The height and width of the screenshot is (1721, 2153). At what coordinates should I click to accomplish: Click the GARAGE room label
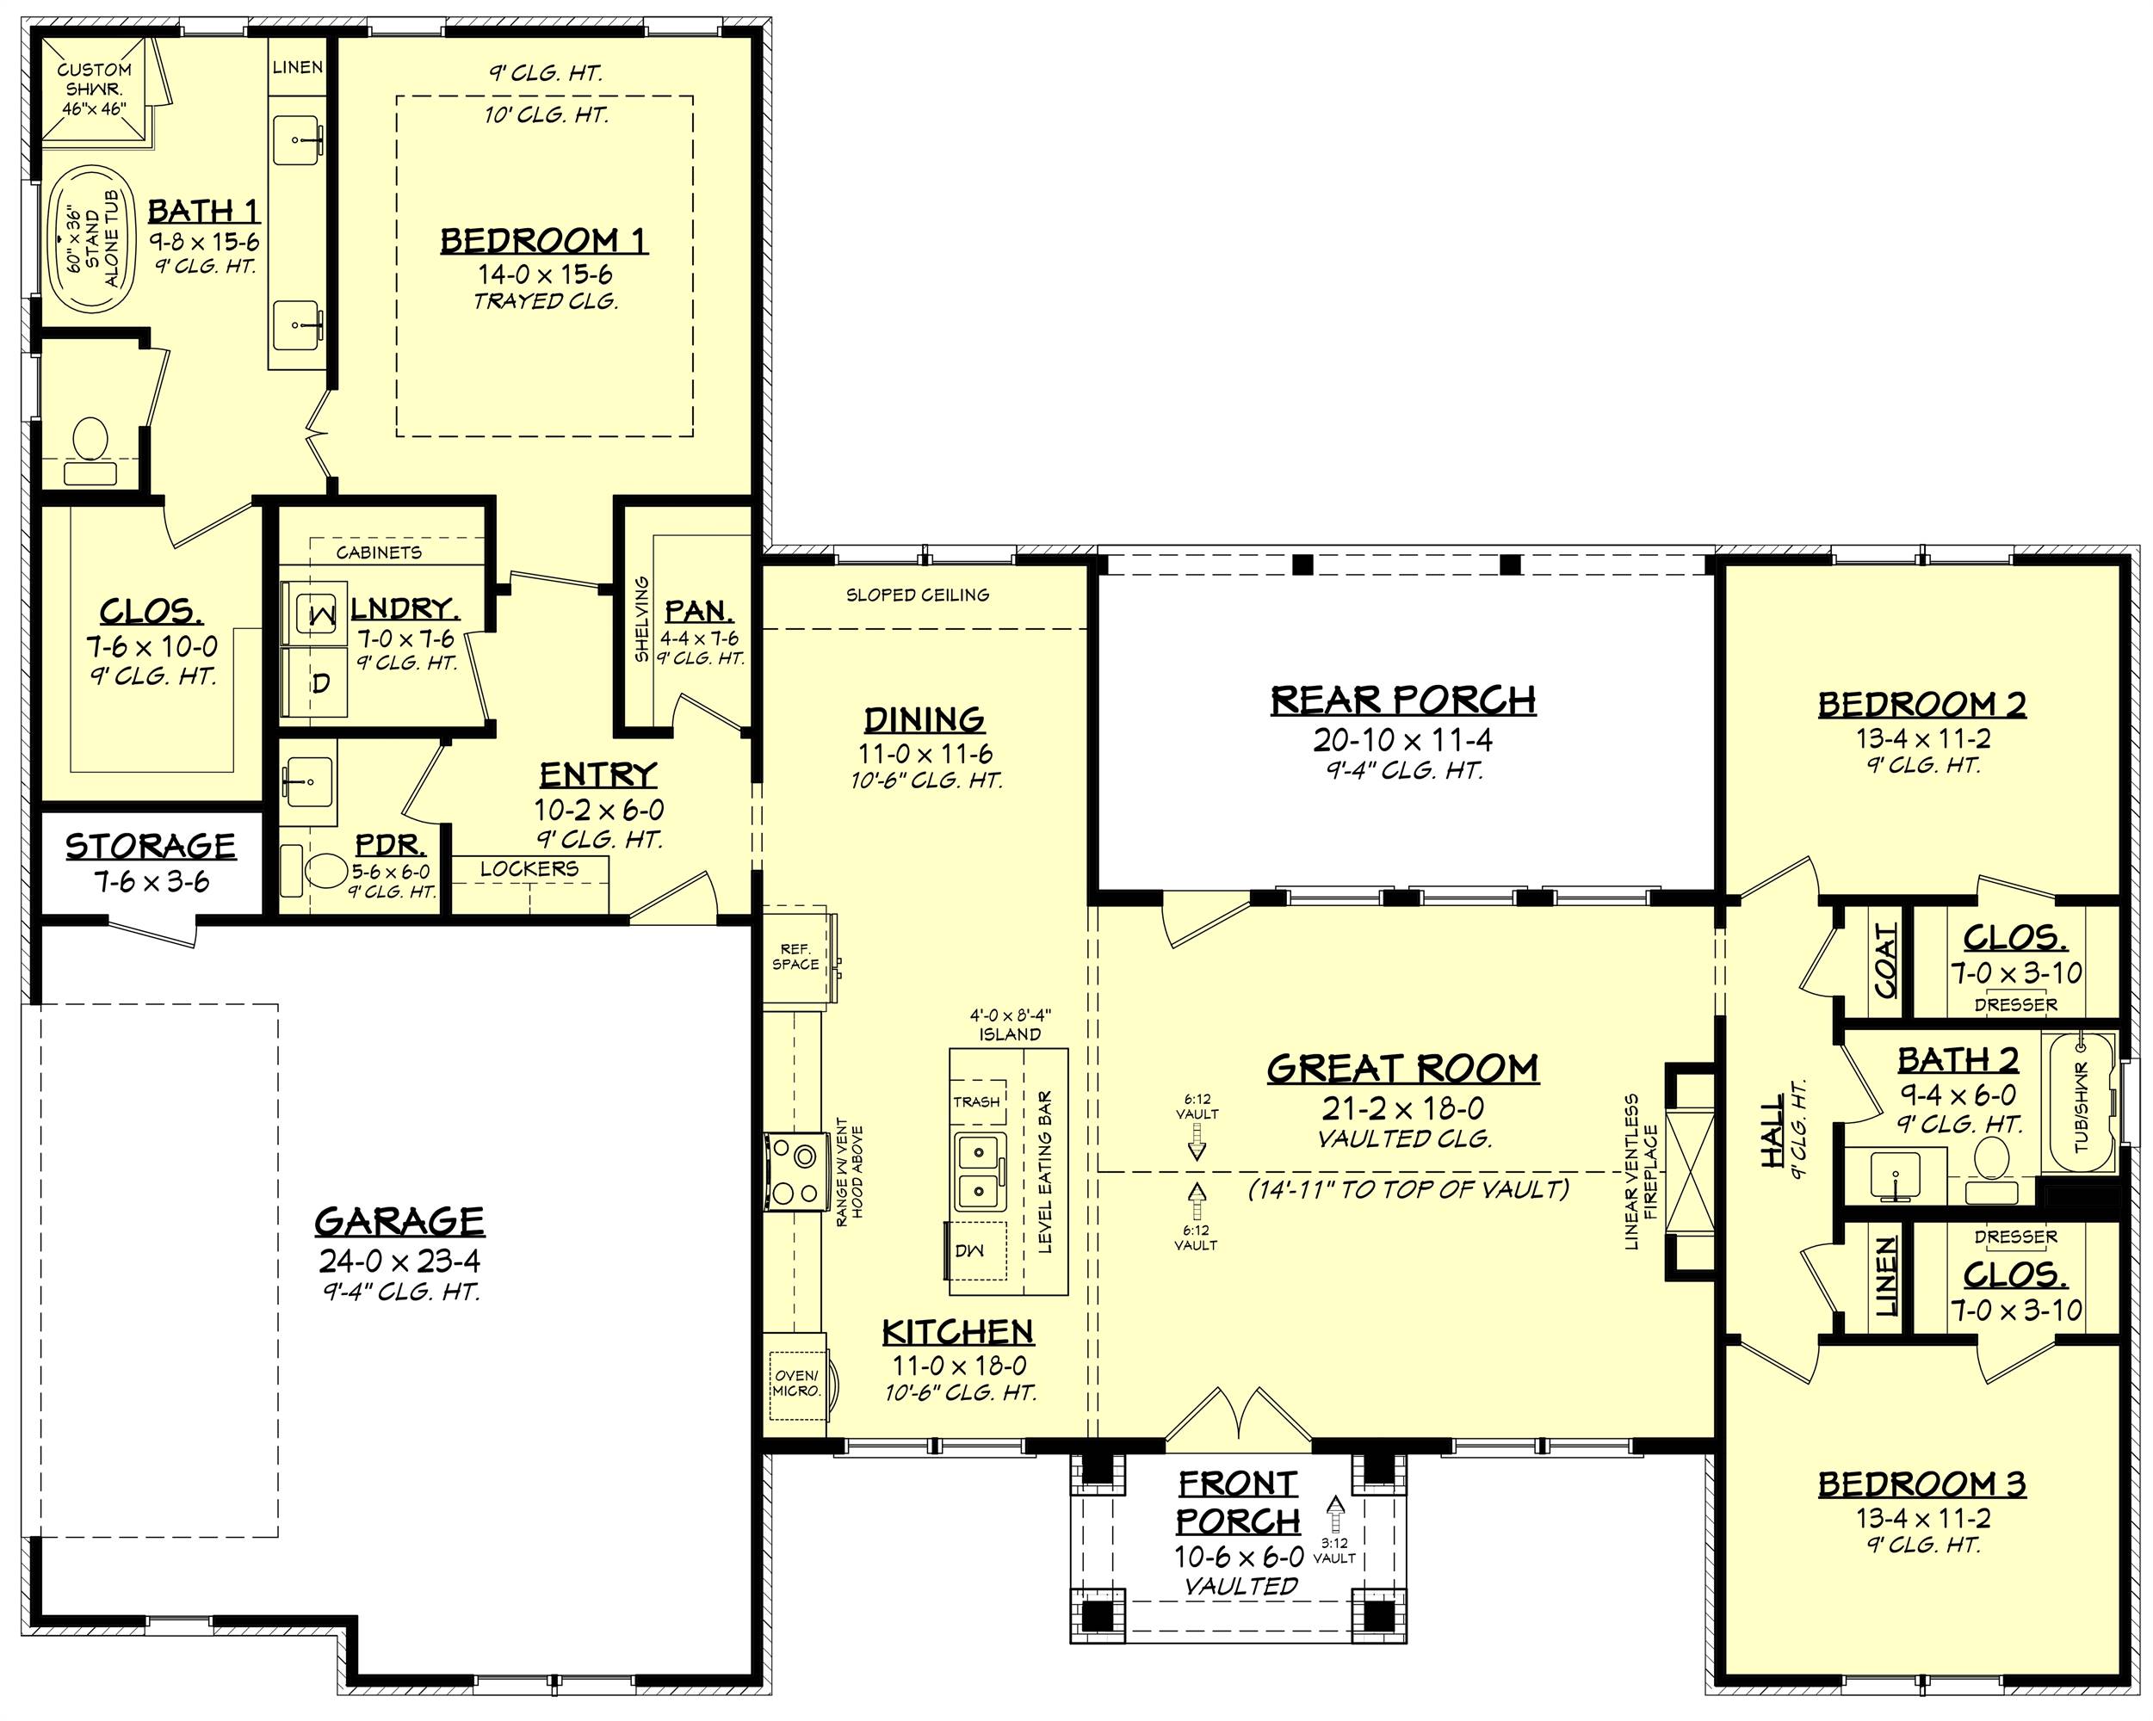[399, 1221]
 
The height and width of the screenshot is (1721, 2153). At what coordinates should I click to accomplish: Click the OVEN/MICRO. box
[797, 1383]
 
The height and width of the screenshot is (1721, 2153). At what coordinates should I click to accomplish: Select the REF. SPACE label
[796, 956]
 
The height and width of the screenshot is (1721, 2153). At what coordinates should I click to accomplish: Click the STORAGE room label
[151, 847]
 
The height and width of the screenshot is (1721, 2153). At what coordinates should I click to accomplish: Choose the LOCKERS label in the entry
[529, 868]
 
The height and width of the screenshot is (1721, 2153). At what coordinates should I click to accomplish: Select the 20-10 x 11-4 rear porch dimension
[1402, 740]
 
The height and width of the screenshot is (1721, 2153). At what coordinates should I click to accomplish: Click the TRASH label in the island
[976, 1101]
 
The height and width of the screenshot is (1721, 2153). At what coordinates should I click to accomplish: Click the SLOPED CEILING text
[918, 595]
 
